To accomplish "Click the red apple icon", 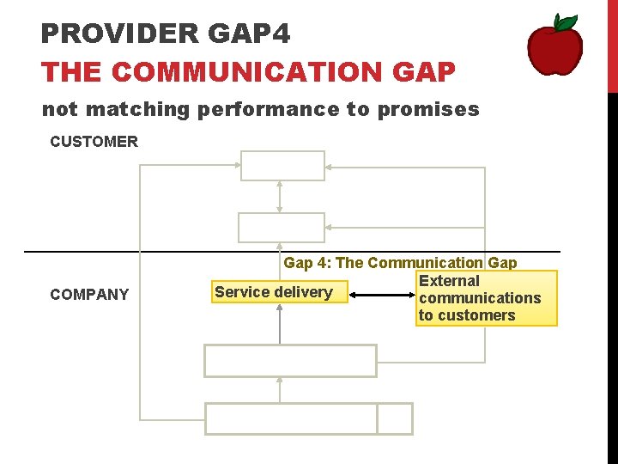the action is click(x=554, y=47).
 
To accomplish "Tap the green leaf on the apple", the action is click(x=565, y=22).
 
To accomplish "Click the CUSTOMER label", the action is click(x=94, y=142).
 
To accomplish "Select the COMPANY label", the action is click(x=89, y=295).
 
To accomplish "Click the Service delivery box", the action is click(x=274, y=292).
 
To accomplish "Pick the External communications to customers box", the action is click(x=485, y=298).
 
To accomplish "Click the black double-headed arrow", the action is click(x=382, y=295).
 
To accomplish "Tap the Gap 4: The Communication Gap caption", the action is click(x=400, y=263).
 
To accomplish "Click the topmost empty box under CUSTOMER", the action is click(x=282, y=165).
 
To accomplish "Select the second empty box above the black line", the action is click(x=281, y=227).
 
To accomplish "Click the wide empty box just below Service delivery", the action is click(x=290, y=361).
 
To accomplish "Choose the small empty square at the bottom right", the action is click(x=395, y=418).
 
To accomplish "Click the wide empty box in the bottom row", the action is click(x=291, y=418).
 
